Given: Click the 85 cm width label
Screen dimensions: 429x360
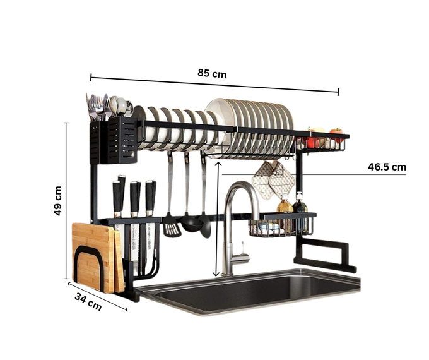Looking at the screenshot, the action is click(212, 73).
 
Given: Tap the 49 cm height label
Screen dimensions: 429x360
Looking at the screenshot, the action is click(58, 201).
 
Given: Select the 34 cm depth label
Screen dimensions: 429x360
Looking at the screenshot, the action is click(88, 302).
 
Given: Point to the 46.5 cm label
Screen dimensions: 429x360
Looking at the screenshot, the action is click(387, 167).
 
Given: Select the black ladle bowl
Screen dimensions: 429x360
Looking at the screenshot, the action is click(192, 224).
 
